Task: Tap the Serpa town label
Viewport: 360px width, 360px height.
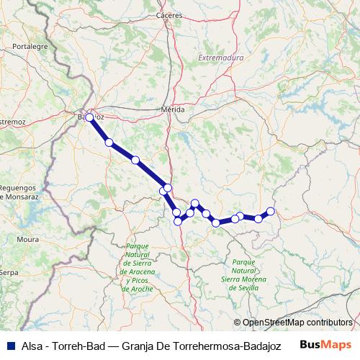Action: click(8, 273)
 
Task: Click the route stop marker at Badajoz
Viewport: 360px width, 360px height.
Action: click(89, 117)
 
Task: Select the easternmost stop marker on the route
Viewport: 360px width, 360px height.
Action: click(271, 211)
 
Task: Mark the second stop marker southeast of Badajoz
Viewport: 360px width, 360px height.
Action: click(135, 160)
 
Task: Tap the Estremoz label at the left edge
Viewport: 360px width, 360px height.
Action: click(12, 122)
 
